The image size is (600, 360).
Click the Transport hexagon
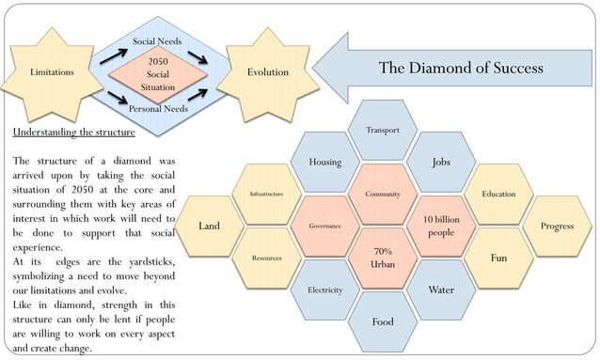click(x=383, y=130)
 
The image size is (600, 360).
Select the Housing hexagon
click(x=324, y=162)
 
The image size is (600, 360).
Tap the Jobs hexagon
click(x=441, y=162)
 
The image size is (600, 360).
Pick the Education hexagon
click(x=498, y=194)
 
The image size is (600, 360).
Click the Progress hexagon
click(x=557, y=226)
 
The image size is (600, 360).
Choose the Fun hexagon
click(x=498, y=258)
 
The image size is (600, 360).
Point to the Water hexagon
click(x=441, y=290)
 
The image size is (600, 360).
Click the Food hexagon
click(x=383, y=321)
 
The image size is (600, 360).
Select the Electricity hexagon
click(x=324, y=290)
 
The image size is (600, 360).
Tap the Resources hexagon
click(x=266, y=258)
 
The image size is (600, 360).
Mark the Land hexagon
click(x=209, y=226)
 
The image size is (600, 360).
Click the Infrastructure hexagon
click(x=266, y=194)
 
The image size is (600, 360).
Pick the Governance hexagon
click(x=324, y=226)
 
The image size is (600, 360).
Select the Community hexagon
click(x=383, y=194)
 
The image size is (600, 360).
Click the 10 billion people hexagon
click(x=441, y=226)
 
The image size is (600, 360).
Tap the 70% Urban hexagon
click(x=383, y=258)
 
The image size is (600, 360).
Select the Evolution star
click(x=267, y=72)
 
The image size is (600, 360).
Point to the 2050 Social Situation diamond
click(x=157, y=73)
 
